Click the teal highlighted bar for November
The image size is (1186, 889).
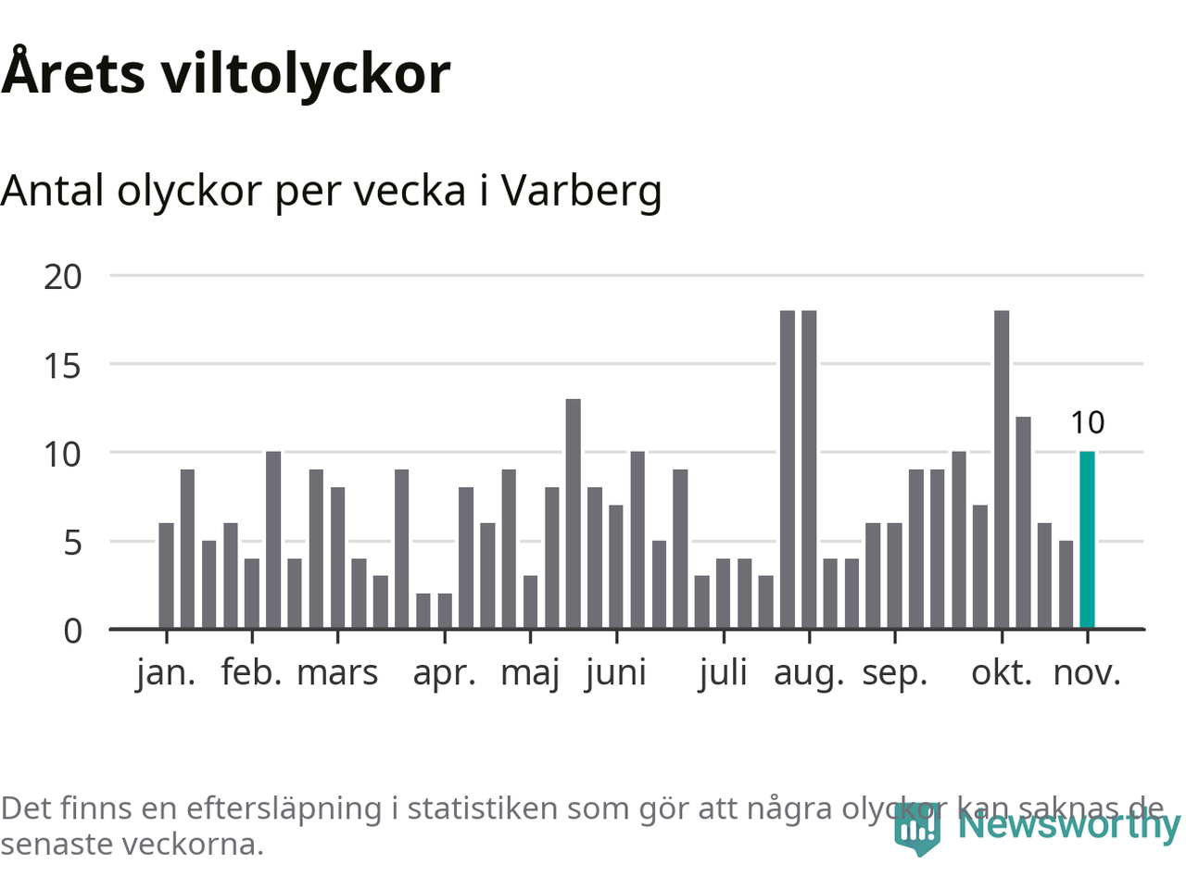click(1087, 540)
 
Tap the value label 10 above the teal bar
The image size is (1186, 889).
click(1087, 422)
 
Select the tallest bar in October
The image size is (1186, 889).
click(1002, 470)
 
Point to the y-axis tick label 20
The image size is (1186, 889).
click(63, 276)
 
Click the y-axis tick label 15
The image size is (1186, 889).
click(63, 365)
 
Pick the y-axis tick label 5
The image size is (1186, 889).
click(72, 542)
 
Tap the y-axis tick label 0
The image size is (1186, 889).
click(72, 631)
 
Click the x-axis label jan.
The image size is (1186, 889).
click(166, 672)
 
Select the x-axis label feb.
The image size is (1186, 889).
click(251, 672)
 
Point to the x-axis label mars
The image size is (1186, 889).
click(337, 672)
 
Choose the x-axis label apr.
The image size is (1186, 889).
click(444, 672)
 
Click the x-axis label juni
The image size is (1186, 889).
click(616, 672)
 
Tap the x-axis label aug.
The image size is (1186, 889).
click(809, 672)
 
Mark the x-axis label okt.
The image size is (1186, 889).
click(1002, 672)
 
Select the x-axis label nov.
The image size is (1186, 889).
click(1087, 672)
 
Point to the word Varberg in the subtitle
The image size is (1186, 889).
click(582, 191)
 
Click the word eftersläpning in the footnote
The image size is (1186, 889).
click(284, 808)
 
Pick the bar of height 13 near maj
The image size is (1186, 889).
click(574, 514)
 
